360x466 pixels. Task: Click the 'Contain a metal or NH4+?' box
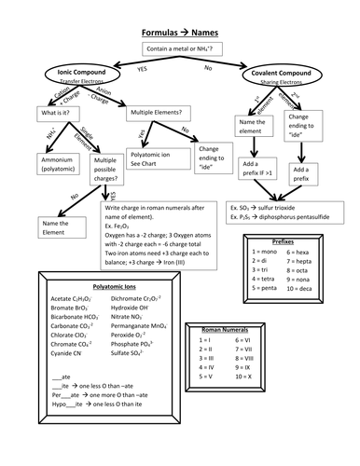[x=179, y=48]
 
